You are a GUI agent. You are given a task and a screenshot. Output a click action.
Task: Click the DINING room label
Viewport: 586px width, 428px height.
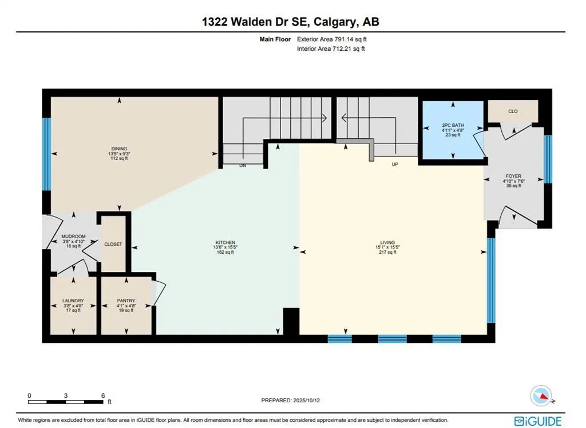click(119, 149)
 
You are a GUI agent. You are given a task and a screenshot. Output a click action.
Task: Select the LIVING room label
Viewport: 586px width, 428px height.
click(387, 242)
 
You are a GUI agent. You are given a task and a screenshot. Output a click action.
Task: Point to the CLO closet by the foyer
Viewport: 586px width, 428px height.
click(513, 111)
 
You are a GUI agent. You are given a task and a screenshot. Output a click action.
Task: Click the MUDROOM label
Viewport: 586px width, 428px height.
click(73, 236)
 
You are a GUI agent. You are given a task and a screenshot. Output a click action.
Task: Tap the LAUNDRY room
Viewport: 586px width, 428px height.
click(73, 301)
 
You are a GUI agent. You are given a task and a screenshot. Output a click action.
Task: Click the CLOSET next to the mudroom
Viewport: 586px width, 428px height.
click(113, 244)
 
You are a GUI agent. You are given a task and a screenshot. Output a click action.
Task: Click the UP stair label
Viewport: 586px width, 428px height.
click(394, 165)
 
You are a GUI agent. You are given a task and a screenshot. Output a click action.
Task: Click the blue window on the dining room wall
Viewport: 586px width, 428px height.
click(46, 154)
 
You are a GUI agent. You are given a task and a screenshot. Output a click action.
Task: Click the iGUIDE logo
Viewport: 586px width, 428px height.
click(537, 421)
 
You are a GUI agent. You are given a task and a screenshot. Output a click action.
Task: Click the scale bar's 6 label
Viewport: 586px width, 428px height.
click(102, 395)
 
